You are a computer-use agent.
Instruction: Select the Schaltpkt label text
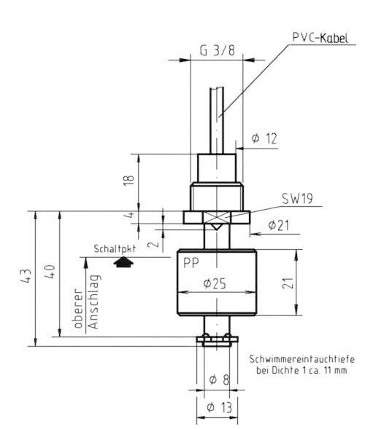tap(116, 248)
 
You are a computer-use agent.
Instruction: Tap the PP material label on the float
tap(192, 261)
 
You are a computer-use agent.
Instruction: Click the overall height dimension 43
tap(27, 277)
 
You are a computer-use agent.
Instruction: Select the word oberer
tap(78, 316)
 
